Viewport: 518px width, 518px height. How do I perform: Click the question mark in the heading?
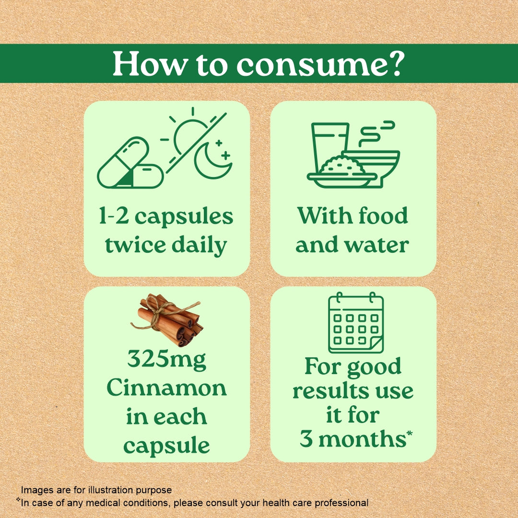[393, 64]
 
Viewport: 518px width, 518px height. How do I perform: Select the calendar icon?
[355, 323]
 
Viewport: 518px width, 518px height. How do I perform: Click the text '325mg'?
[166, 360]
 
